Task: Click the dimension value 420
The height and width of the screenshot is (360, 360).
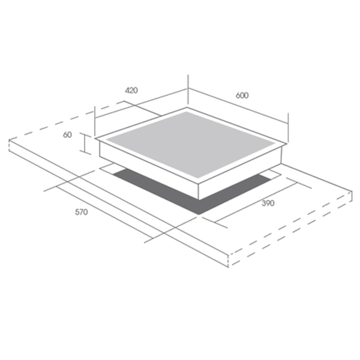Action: point(131,91)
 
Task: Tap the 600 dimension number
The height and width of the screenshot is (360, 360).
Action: point(242,95)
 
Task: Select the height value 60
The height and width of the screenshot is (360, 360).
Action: point(68,135)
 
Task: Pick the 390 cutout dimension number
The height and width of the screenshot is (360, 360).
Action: point(268,203)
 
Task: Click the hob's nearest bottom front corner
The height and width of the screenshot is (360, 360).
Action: point(199,199)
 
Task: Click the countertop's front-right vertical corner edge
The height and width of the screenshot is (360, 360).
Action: point(229,260)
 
